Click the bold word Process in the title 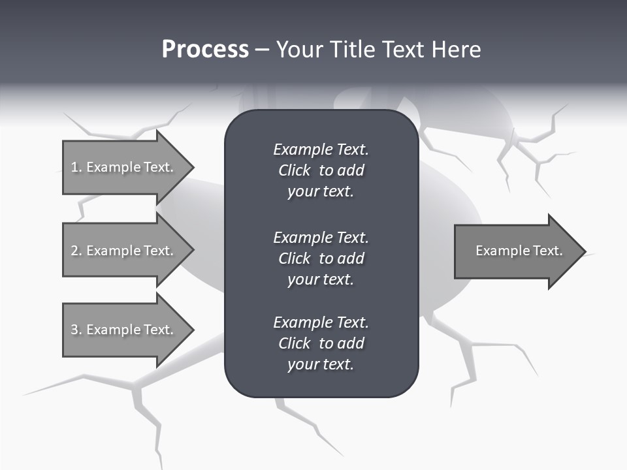205,50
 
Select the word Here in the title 455,50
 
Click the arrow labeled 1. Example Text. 124,167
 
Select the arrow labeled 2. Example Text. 124,251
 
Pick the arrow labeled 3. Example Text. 124,330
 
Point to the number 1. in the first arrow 76,167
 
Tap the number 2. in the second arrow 76,251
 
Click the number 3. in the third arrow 76,330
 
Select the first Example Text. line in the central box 321,149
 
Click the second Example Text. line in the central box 321,237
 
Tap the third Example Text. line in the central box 321,322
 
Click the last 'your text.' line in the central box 321,364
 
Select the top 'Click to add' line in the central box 321,170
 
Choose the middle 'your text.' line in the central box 321,279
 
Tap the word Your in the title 300,50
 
